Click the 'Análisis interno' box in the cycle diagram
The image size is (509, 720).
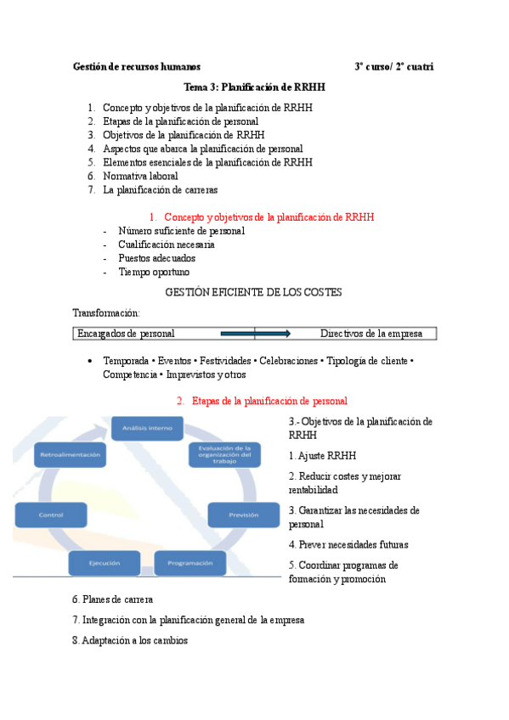[x=148, y=428]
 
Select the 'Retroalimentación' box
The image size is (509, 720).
[x=71, y=456]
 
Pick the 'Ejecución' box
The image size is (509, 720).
[x=105, y=563]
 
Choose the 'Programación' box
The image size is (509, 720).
[x=189, y=563]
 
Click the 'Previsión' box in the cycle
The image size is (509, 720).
[x=243, y=515]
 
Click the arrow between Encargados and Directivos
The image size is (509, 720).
[x=255, y=334]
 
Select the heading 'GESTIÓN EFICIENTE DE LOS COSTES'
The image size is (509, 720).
[x=254, y=292]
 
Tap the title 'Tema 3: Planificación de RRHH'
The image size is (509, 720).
[x=254, y=87]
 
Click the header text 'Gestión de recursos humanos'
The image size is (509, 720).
[x=137, y=66]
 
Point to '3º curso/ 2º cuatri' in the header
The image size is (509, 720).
[x=394, y=66]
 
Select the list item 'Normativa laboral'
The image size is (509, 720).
[x=140, y=176]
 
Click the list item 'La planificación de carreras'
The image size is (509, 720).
[x=160, y=189]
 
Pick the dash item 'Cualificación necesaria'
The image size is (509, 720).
[x=167, y=245]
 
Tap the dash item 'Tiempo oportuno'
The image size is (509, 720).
[x=154, y=272]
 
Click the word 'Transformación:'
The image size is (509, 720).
[x=105, y=312]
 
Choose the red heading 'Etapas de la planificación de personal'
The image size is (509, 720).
[x=269, y=401]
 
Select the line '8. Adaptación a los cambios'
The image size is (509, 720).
[x=130, y=640]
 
